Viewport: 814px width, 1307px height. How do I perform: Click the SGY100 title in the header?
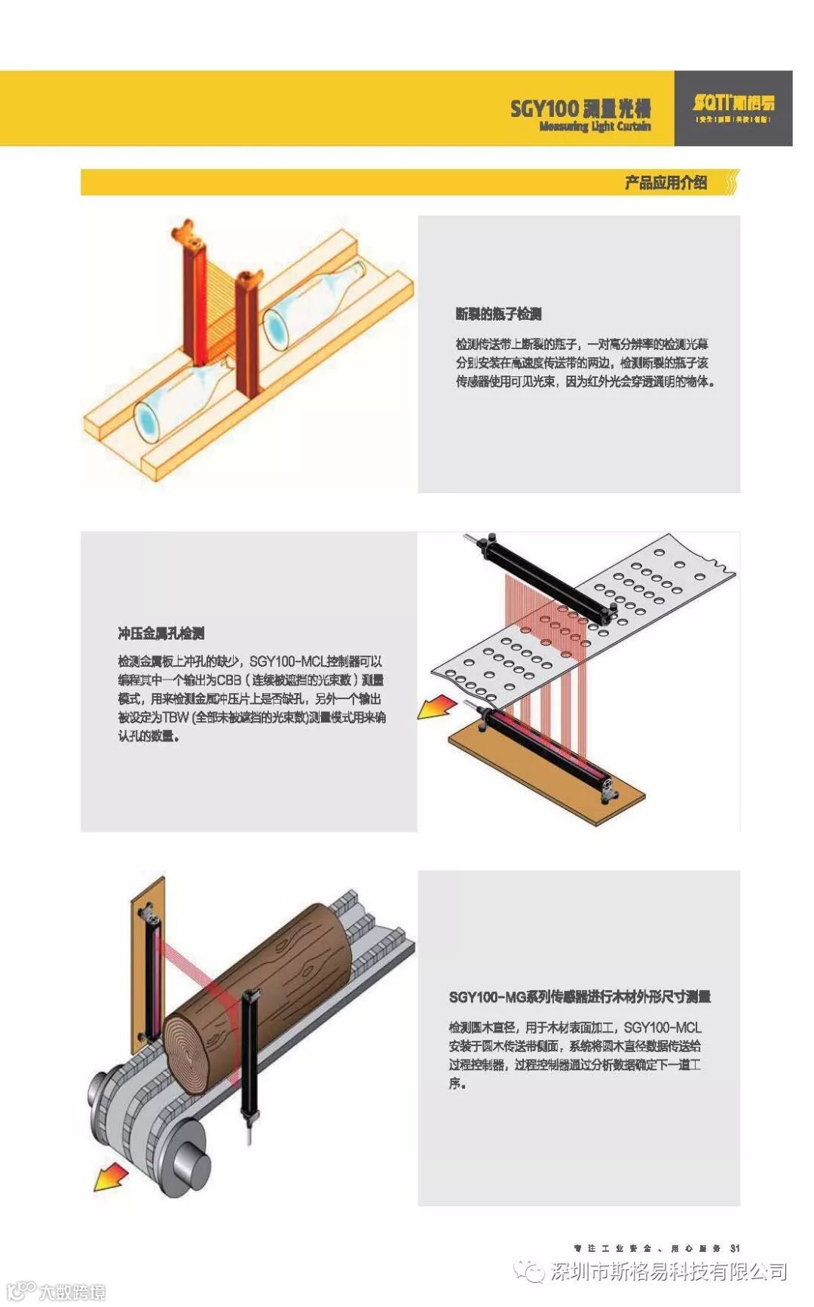(580, 108)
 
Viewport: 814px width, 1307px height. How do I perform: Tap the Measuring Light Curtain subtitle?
(595, 127)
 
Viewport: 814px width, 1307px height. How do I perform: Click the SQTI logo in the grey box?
(733, 104)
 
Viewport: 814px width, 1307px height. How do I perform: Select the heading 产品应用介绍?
(665, 183)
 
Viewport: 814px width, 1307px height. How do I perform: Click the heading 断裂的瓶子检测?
(498, 314)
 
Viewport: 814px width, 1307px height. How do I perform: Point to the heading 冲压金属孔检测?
(161, 633)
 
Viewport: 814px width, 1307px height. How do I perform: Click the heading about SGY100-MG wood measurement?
(580, 997)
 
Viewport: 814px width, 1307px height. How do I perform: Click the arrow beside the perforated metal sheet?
(437, 707)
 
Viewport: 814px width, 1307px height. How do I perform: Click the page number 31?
(736, 1248)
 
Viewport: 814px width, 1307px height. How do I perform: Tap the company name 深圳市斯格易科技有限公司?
(669, 1272)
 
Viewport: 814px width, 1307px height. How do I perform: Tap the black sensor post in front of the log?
(249, 1056)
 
